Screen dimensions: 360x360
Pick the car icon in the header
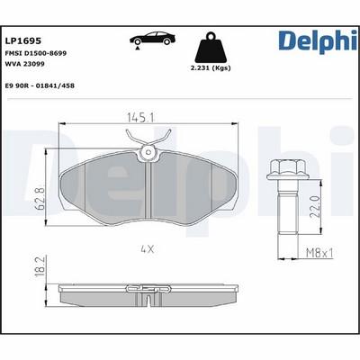pos(151,39)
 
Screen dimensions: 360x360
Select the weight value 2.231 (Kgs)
pos(213,68)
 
